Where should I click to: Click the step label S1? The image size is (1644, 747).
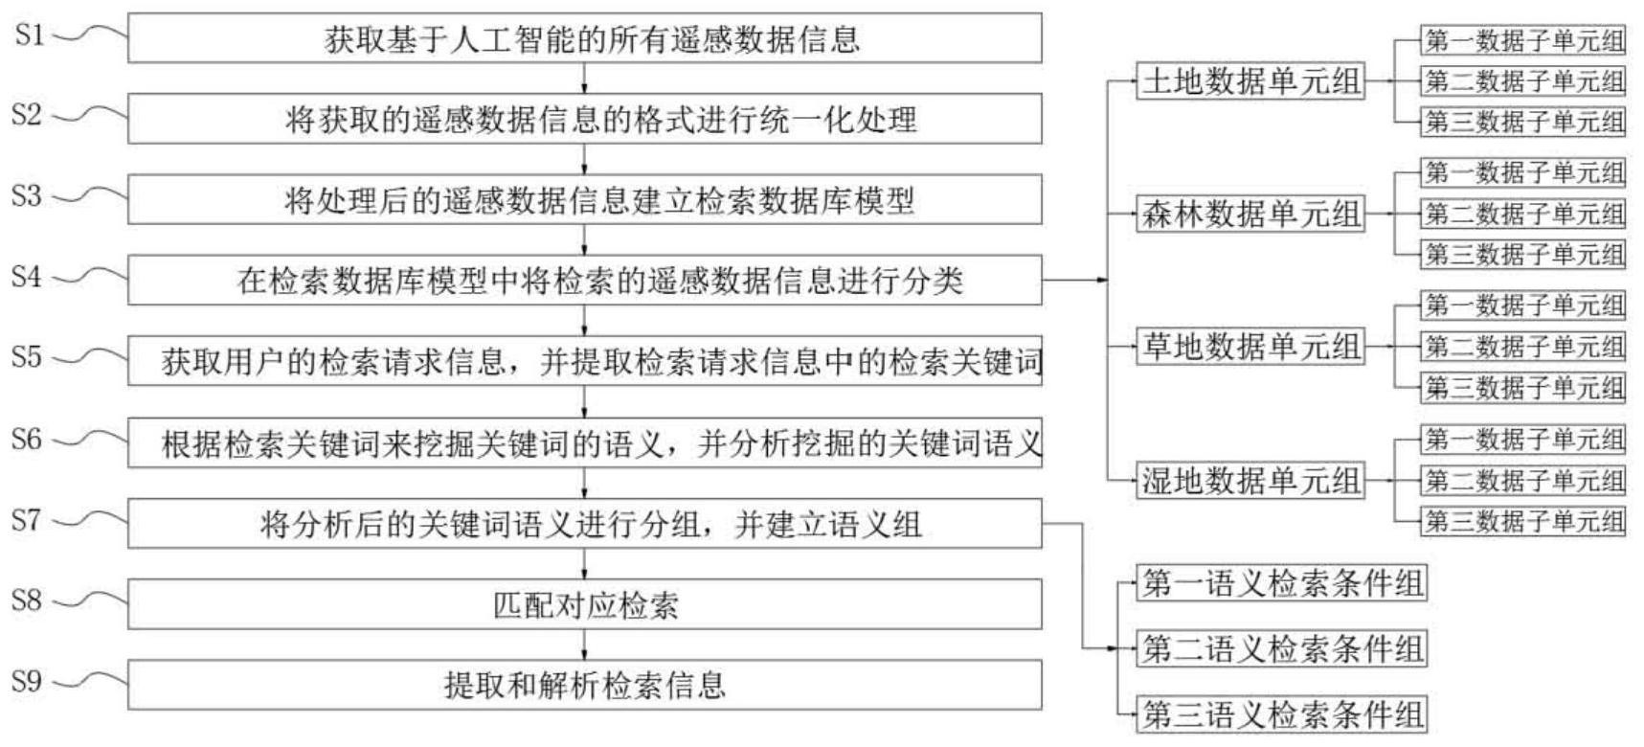coord(28,36)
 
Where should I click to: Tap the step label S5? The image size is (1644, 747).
coord(28,358)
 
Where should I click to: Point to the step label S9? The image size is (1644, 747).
coord(28,682)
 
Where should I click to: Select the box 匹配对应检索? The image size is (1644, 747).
coord(585,605)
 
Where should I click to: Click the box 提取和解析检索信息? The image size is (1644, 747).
coord(585,685)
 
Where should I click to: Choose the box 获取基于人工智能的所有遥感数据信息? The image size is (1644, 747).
coord(585,38)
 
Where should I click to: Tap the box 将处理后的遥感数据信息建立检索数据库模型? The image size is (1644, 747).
coord(585,200)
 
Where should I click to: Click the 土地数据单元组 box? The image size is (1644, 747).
coord(1250,81)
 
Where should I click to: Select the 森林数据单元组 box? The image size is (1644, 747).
coord(1250,214)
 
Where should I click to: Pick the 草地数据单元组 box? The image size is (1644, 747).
coord(1250,347)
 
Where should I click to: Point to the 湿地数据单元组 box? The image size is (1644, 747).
coord(1250,480)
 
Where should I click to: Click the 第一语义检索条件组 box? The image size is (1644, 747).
coord(1282,583)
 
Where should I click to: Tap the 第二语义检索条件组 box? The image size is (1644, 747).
coord(1282,649)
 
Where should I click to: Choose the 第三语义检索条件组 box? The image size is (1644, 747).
coord(1282,715)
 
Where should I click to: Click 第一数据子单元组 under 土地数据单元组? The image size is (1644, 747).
coord(1523,41)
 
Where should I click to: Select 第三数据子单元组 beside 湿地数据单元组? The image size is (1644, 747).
coord(1523,521)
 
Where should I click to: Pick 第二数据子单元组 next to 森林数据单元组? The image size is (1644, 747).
coord(1523,214)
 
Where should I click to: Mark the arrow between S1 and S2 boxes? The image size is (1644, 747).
coord(585,79)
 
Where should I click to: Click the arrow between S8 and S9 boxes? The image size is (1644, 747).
coord(585,645)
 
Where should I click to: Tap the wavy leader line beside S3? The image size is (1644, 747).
coord(88,196)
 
